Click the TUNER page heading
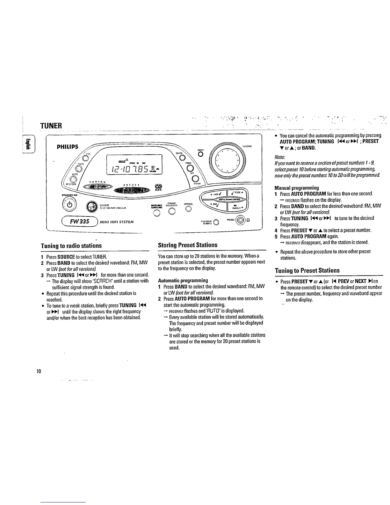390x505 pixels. coord(52,125)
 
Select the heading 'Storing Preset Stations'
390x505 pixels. coord(187,245)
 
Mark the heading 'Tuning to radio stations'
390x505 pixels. coord(71,245)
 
